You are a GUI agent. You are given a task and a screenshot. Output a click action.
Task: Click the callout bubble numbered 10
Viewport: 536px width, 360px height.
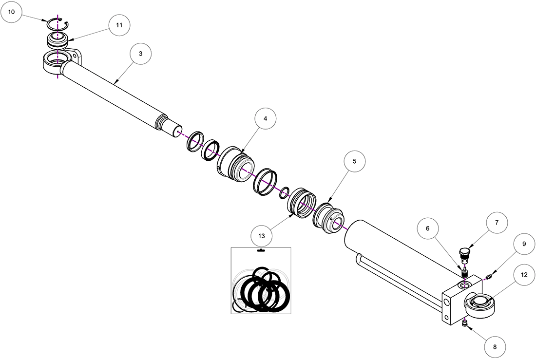point(11,12)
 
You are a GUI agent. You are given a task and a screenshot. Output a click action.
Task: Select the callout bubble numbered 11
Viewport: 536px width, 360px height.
point(119,25)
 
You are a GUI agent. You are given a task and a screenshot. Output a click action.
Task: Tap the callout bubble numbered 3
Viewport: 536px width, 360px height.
point(140,54)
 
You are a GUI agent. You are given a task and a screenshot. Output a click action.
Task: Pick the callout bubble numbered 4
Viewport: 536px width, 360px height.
point(265,118)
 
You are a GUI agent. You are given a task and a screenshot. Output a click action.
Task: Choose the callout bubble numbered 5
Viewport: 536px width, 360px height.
point(354,161)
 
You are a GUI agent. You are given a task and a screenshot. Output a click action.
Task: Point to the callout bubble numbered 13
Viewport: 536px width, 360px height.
point(262,236)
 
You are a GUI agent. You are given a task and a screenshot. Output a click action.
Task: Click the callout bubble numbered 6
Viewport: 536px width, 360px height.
point(428,228)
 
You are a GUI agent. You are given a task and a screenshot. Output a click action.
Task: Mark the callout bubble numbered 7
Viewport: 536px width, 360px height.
point(497,223)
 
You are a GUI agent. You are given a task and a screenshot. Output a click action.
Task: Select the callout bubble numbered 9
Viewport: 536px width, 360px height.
point(524,244)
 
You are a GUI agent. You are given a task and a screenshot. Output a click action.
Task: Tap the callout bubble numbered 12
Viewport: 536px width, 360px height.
point(524,275)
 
